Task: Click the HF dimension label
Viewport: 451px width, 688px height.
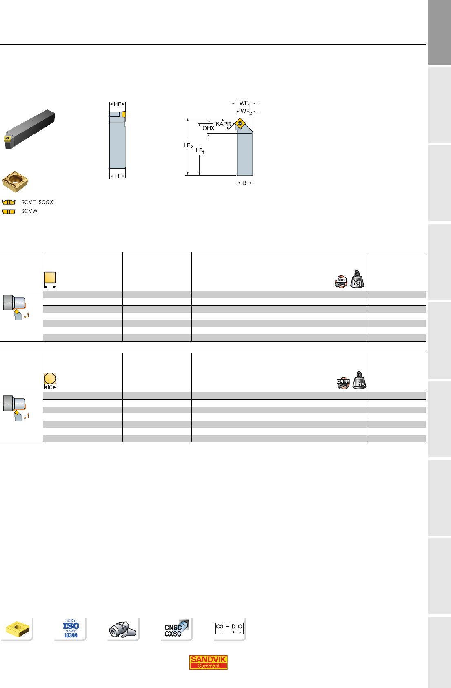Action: point(117,104)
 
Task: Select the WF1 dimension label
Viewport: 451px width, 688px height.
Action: point(244,103)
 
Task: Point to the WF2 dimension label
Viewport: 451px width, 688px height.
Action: point(246,112)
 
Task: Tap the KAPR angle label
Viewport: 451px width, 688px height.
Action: point(223,124)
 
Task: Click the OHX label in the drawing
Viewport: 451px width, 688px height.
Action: point(208,128)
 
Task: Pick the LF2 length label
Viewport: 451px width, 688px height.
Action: point(188,146)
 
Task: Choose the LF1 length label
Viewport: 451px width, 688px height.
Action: point(200,151)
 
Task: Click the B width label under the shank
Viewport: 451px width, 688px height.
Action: point(244,183)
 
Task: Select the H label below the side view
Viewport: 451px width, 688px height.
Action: point(117,176)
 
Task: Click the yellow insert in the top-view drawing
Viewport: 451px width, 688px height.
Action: point(240,123)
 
